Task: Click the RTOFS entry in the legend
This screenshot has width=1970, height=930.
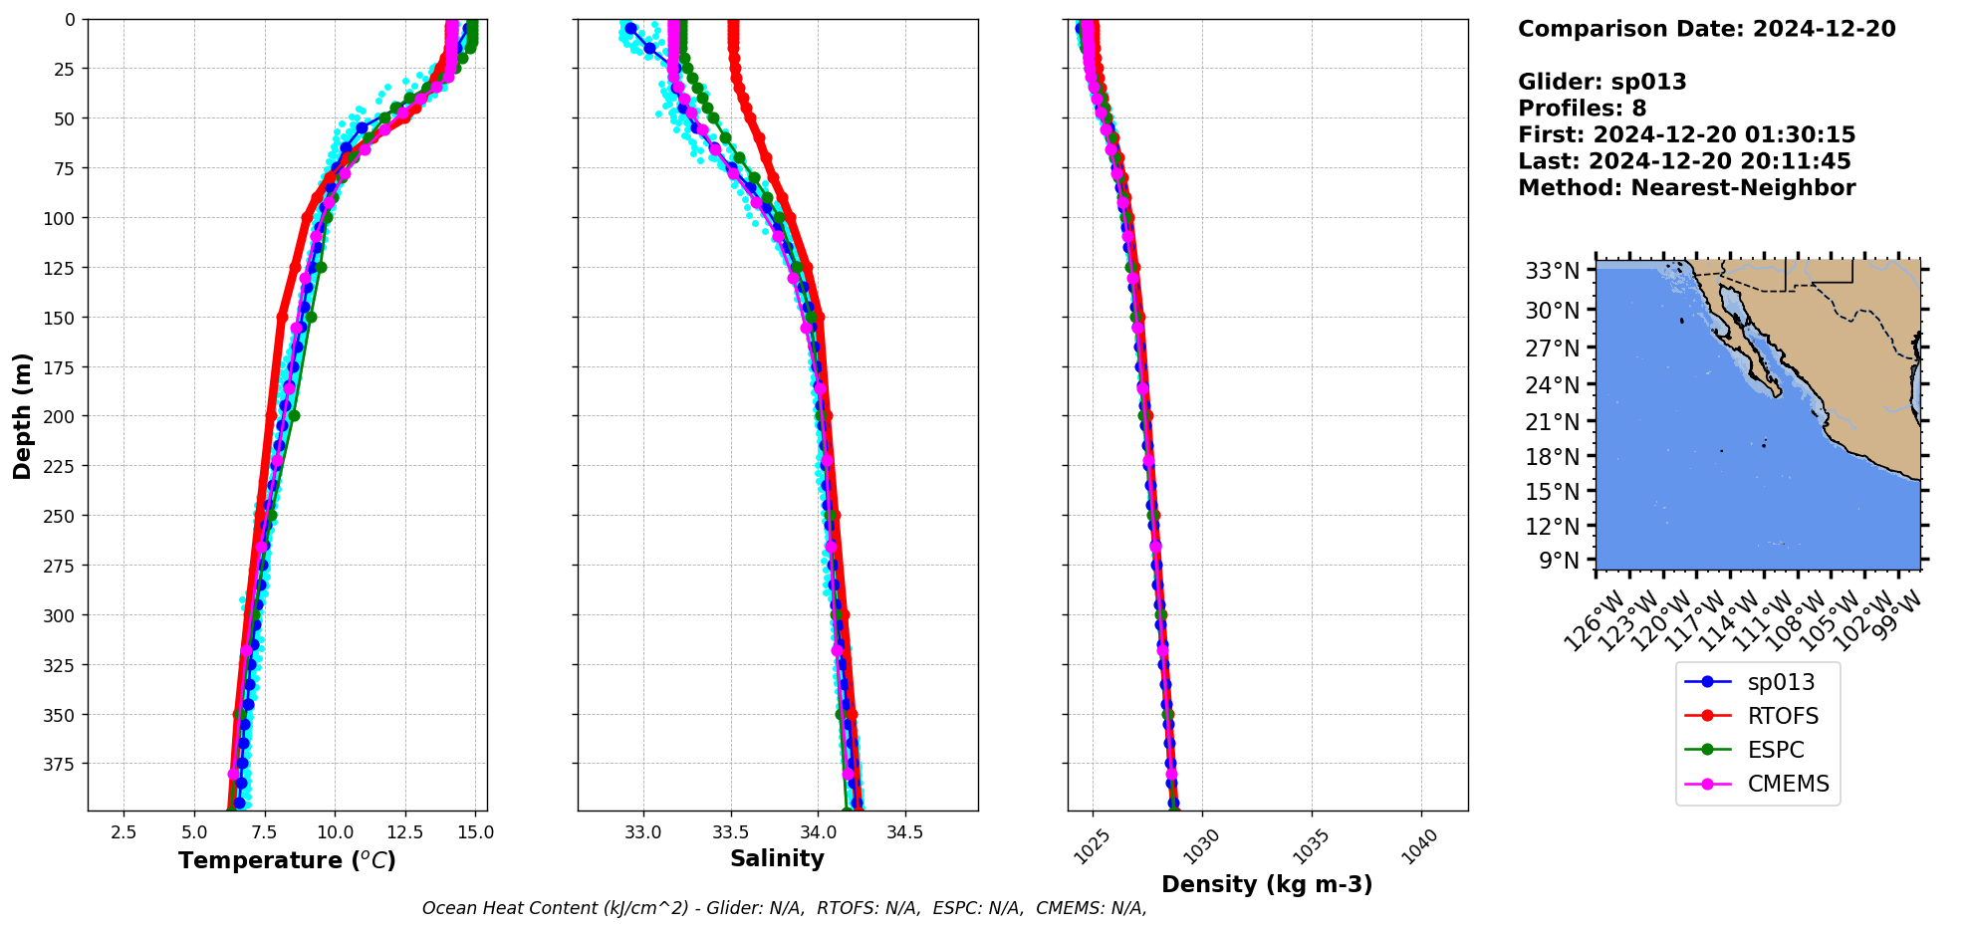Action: coord(1782,716)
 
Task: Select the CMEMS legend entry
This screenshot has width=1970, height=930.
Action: coord(1788,784)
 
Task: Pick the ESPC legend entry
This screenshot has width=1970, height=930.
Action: coord(1775,750)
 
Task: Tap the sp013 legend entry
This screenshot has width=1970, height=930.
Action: coord(1781,682)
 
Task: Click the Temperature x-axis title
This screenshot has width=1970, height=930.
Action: coord(287,860)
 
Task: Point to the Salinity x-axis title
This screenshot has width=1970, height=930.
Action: coord(777,858)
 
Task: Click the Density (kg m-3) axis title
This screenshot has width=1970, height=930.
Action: coord(1267,884)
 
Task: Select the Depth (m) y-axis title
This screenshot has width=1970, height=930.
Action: coord(22,415)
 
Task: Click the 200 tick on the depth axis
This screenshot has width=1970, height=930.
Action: coord(60,416)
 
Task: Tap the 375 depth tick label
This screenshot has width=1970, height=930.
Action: coord(60,764)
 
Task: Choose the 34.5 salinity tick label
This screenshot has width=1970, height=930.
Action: coord(904,832)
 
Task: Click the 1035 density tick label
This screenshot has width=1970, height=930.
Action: coord(1311,846)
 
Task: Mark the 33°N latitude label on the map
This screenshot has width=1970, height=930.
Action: coord(1553,271)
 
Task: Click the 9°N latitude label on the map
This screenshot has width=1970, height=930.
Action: coord(1560,561)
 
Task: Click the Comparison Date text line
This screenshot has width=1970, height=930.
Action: coord(1706,29)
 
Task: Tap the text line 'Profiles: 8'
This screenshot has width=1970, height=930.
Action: coord(1582,109)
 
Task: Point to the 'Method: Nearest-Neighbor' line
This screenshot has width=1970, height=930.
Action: coord(1686,188)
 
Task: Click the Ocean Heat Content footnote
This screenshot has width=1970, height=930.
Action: coord(784,908)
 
